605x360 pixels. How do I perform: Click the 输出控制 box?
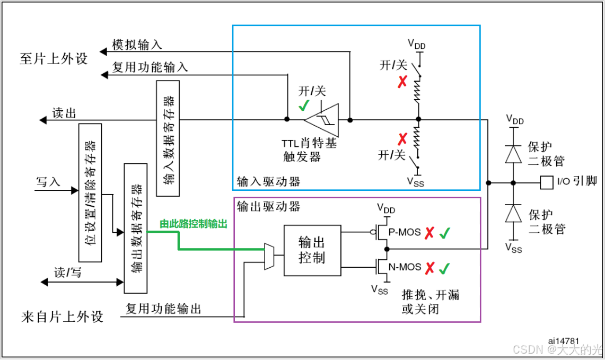click(312, 250)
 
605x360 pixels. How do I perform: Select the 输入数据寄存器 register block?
click(169, 139)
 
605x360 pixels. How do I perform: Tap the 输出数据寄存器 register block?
click(135, 228)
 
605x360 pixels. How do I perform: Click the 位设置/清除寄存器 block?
click(90, 192)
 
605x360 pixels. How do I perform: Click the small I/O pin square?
click(546, 182)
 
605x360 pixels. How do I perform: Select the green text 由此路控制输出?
click(194, 224)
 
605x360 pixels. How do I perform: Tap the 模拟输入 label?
click(137, 45)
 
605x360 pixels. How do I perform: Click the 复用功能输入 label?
click(150, 67)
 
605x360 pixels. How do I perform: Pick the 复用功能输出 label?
click(163, 308)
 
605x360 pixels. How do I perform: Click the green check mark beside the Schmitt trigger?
click(303, 106)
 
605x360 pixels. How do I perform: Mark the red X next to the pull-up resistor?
click(403, 82)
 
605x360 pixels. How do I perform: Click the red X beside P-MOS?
click(430, 233)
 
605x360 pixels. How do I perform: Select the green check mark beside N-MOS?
click(444, 268)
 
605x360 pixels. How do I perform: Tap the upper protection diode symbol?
click(513, 154)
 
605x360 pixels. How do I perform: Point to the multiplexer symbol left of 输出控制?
click(269, 256)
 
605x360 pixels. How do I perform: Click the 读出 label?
click(64, 113)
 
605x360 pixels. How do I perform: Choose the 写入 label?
click(48, 182)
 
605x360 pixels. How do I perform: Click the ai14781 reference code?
click(564, 340)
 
